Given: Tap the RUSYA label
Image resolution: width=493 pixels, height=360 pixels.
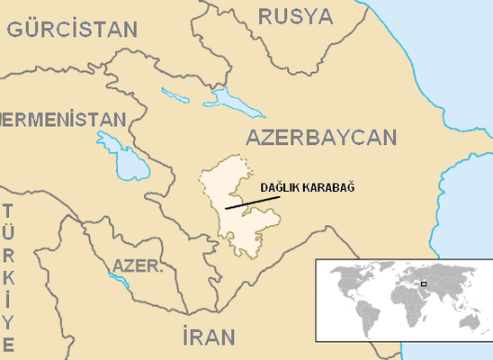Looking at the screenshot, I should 295,15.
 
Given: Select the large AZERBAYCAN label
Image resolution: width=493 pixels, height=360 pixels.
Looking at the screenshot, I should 320,138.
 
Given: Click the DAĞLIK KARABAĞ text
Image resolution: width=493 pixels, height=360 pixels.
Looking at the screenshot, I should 308,187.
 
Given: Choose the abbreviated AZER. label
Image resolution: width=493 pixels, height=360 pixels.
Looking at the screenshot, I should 138,266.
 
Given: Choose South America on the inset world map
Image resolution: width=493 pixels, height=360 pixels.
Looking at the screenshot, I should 365,314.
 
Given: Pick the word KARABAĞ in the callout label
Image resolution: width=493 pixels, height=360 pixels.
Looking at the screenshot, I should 330,187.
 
